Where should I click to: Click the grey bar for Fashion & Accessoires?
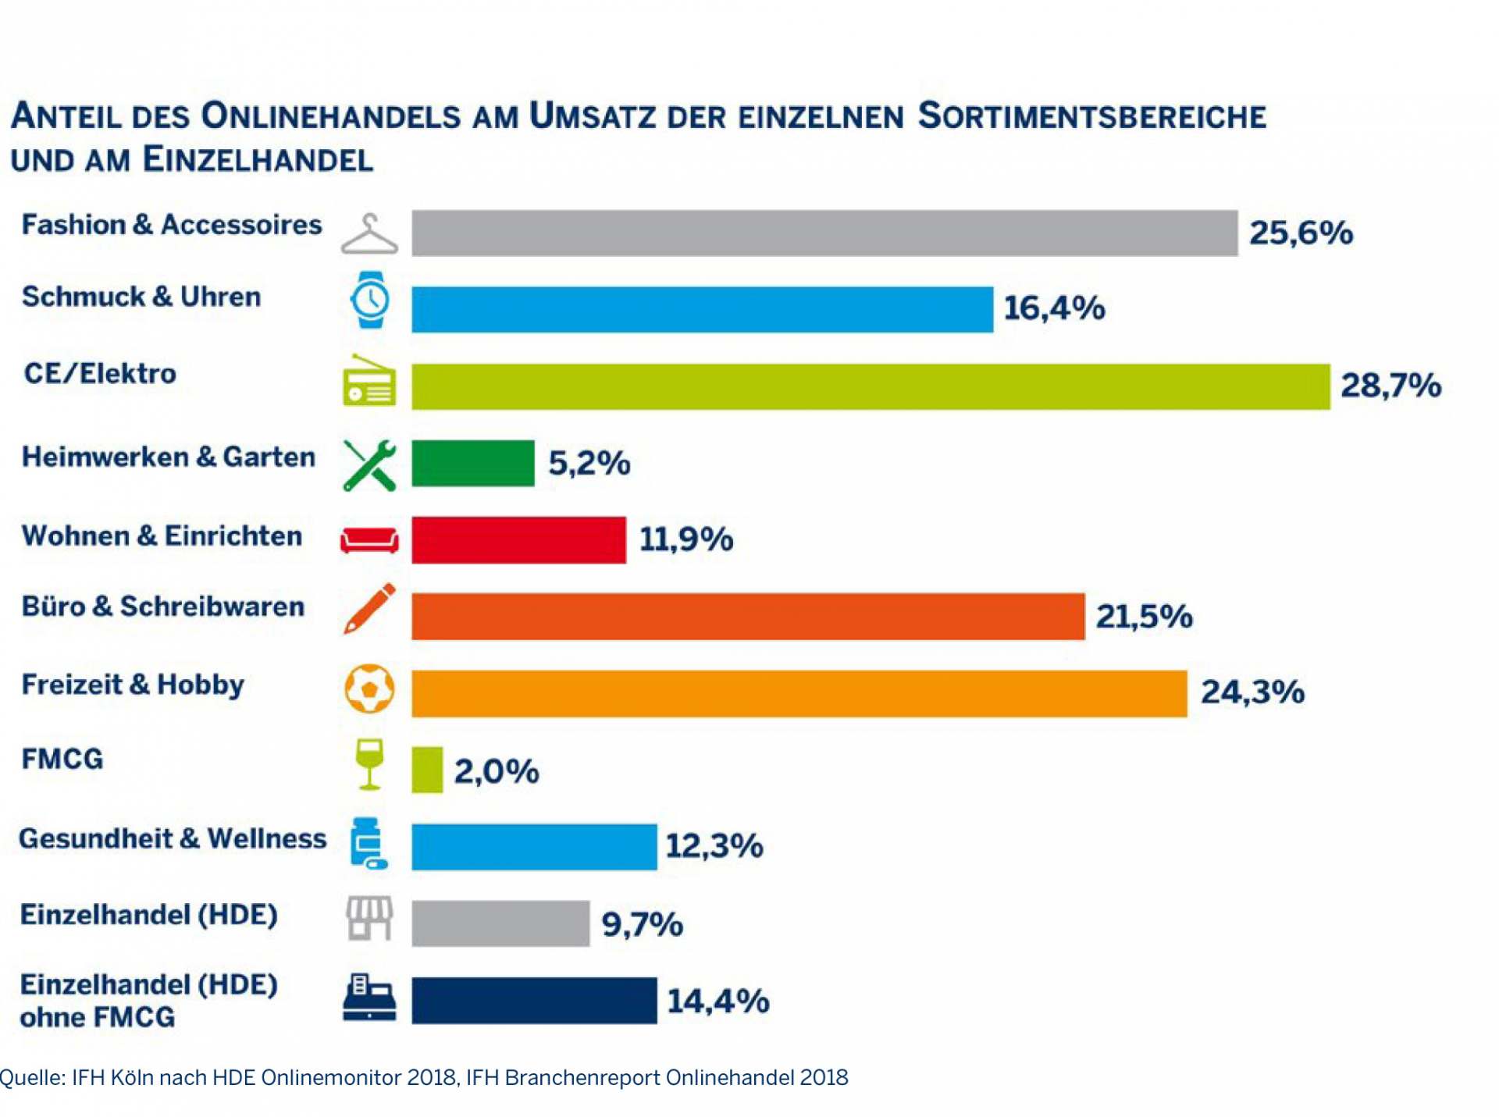click(x=824, y=233)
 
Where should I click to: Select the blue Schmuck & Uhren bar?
click(x=702, y=309)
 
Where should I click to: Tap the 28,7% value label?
click(x=1390, y=386)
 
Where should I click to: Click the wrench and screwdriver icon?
click(x=369, y=465)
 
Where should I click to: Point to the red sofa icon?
click(x=369, y=539)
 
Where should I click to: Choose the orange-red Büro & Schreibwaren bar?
click(x=748, y=617)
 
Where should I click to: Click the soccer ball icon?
click(x=369, y=688)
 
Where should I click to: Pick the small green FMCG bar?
click(x=427, y=770)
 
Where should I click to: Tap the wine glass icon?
click(x=369, y=763)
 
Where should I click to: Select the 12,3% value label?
click(x=714, y=846)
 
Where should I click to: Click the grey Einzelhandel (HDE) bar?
click(x=500, y=923)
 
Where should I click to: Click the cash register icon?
click(x=369, y=998)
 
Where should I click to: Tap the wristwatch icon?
click(x=369, y=300)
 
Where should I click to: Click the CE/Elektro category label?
click(x=100, y=374)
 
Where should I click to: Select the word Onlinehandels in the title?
click(x=330, y=117)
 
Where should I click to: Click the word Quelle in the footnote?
click(x=30, y=1078)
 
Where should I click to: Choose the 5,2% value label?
click(x=589, y=464)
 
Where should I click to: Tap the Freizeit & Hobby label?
click(x=133, y=685)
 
